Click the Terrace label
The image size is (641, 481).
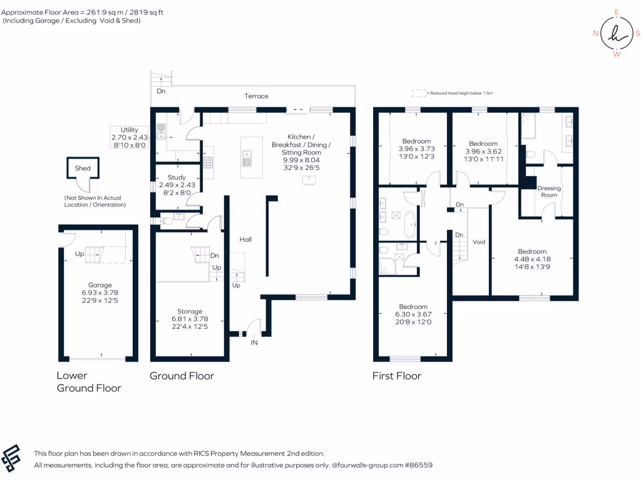(x=256, y=96)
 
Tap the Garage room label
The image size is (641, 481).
(x=100, y=285)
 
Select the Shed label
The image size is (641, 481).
(x=83, y=168)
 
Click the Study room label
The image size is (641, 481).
(x=177, y=177)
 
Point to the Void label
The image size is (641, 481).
(x=479, y=242)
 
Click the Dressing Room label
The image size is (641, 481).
(x=549, y=192)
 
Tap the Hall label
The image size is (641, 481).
(x=245, y=239)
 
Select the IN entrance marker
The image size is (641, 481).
(x=254, y=343)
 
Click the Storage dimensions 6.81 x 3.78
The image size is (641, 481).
(x=190, y=319)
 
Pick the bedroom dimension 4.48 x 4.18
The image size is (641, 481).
(x=532, y=259)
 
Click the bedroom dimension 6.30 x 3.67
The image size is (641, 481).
(x=413, y=314)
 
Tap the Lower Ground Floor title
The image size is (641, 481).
(x=89, y=381)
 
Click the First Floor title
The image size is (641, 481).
(x=396, y=376)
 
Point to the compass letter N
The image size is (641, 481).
(x=596, y=33)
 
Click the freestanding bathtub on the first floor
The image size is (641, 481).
(x=410, y=225)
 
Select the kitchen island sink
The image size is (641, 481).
(x=247, y=158)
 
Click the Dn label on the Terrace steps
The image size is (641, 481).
(x=161, y=91)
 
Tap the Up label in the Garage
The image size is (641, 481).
(x=79, y=254)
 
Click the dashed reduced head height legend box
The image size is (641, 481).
(x=419, y=93)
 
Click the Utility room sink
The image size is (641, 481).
(x=161, y=131)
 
